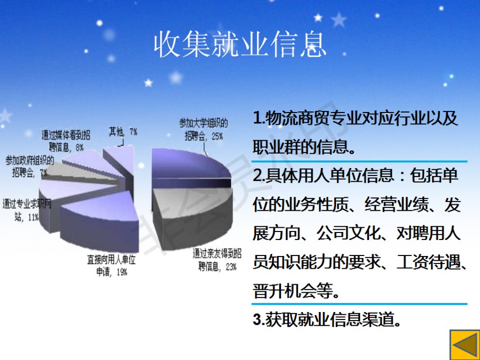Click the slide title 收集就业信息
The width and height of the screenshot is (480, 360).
[241, 45]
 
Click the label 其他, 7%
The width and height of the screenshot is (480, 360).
[123, 132]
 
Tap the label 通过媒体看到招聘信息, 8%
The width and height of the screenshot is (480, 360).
[66, 141]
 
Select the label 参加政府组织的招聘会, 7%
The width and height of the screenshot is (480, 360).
[30, 166]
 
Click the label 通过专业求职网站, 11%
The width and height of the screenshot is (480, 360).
[27, 210]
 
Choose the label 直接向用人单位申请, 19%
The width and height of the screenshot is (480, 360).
[111, 266]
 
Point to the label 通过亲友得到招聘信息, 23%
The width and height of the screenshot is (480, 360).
[217, 260]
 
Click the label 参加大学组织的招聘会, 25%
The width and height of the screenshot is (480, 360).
[204, 130]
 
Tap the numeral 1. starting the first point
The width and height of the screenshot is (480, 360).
[259, 118]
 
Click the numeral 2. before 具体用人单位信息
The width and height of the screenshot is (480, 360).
[259, 175]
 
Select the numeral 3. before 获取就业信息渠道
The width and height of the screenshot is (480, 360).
[259, 319]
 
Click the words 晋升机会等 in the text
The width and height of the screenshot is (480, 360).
[293, 291]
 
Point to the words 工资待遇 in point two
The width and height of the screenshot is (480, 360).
[428, 262]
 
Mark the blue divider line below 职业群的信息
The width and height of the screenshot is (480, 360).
[359, 161]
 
